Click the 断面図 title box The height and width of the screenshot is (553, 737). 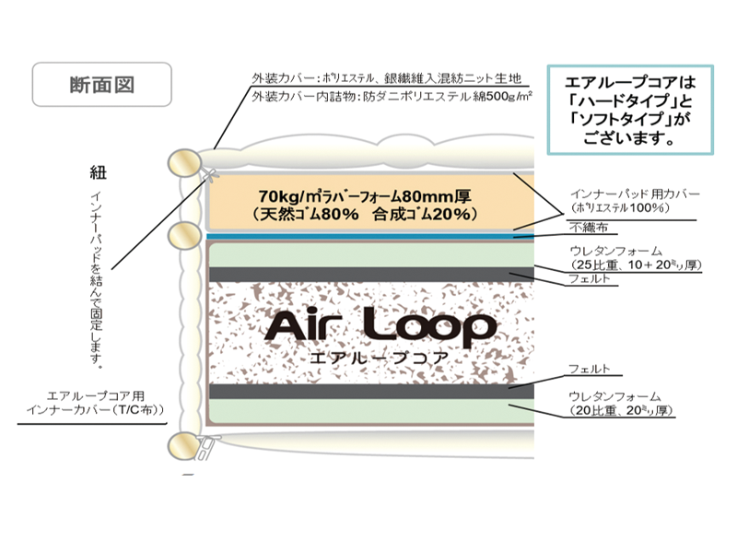(x=101, y=85)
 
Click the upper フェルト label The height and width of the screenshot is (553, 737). (x=589, y=278)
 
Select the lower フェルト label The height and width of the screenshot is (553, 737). (x=589, y=369)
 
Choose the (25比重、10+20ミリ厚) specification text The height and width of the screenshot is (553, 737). (x=637, y=265)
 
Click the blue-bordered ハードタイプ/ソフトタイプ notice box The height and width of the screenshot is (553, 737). (x=629, y=108)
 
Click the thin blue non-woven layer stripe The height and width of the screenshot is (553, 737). (x=368, y=237)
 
